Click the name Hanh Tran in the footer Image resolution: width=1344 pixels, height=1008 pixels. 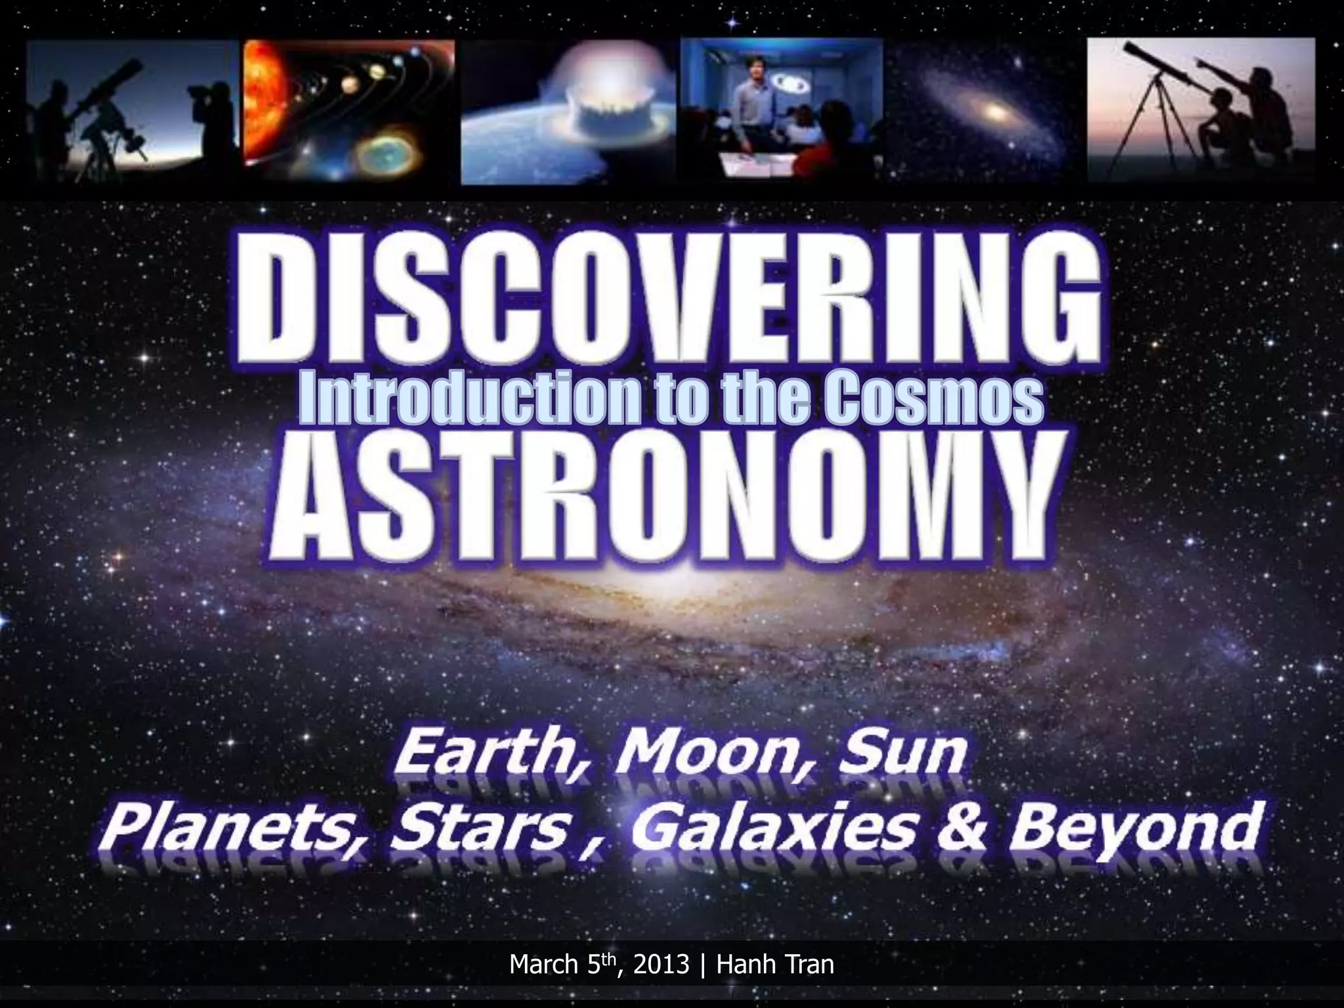pos(775,965)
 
